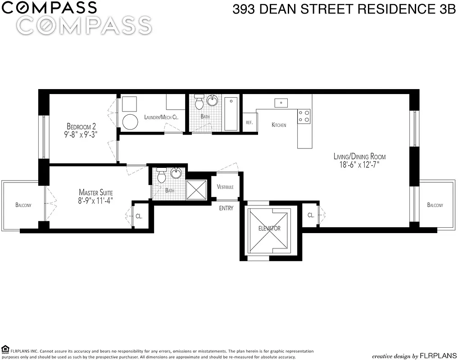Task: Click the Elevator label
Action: (x=269, y=228)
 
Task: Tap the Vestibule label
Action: (x=225, y=187)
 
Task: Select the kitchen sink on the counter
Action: (x=281, y=103)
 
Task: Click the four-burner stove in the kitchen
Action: (x=304, y=116)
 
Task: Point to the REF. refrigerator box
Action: (x=249, y=122)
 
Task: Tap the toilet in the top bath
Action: (x=198, y=103)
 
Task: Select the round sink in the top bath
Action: (x=212, y=100)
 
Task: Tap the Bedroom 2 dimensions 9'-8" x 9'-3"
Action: (x=81, y=134)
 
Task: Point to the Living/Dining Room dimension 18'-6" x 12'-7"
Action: (x=359, y=165)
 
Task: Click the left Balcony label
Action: (x=23, y=205)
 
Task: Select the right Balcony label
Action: (x=435, y=205)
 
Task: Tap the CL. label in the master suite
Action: (x=139, y=216)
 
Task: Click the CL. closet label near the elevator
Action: (x=311, y=216)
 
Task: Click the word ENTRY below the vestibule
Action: (x=226, y=208)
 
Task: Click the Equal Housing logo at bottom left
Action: (x=5, y=349)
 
